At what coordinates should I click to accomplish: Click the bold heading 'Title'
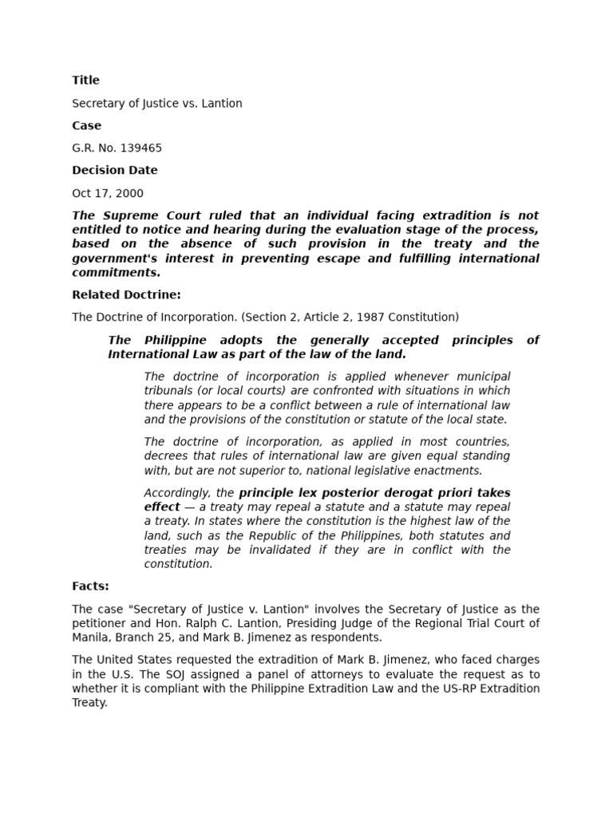click(85, 80)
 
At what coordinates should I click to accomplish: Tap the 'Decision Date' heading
click(114, 170)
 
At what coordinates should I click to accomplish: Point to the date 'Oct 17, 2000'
click(108, 193)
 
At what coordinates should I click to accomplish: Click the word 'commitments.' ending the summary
click(116, 273)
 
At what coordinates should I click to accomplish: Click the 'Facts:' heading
click(90, 586)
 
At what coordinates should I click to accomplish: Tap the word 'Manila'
click(91, 637)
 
